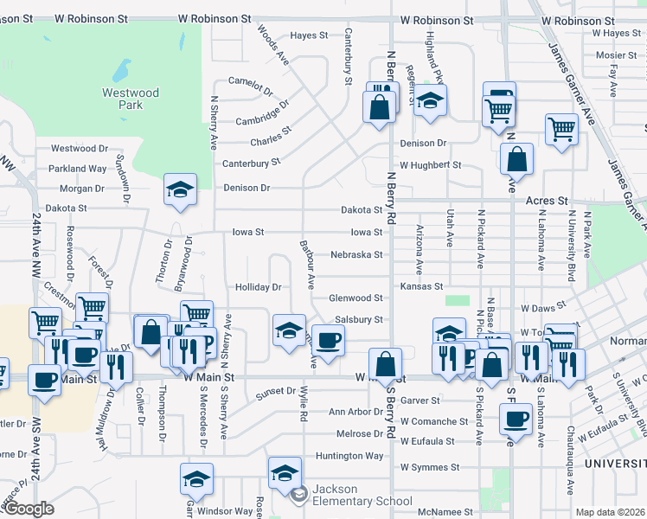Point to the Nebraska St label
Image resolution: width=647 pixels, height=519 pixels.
tap(356, 255)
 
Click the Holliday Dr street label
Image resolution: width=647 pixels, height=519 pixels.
tap(259, 287)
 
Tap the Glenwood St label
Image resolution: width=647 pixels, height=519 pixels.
tap(356, 298)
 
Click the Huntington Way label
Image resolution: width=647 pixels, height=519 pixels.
tap(349, 456)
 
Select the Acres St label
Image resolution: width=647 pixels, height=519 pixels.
tap(547, 201)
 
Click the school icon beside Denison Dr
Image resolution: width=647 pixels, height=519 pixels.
tap(181, 189)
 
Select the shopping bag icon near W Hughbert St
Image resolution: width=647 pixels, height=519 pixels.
tap(516, 158)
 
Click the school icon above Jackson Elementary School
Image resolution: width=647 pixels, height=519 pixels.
tap(285, 471)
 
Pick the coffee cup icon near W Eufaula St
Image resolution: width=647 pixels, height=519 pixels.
tap(516, 418)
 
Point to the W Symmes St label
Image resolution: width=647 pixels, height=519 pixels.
tap(429, 468)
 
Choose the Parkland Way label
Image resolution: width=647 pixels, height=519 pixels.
tap(79, 169)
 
